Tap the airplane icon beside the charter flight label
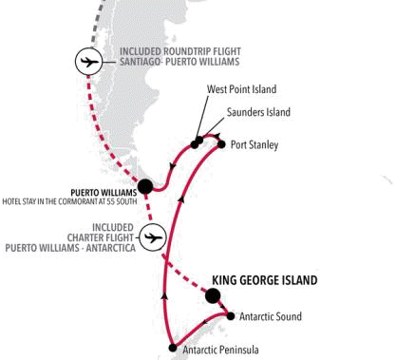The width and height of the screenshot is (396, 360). tap(153, 235)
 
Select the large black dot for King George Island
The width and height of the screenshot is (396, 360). tap(212, 296)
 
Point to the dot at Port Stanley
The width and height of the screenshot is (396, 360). tap(220, 144)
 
